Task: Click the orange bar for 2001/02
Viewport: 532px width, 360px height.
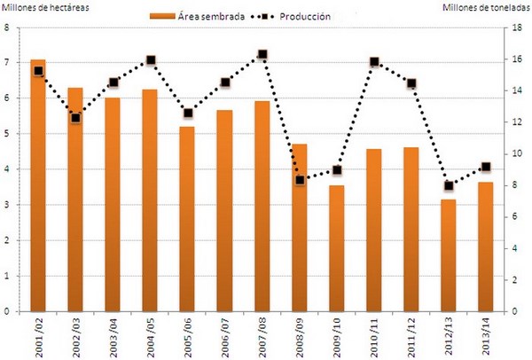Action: (x=37, y=186)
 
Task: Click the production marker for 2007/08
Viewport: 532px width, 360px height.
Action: (x=262, y=55)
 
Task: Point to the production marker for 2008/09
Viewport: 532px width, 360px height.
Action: (x=300, y=180)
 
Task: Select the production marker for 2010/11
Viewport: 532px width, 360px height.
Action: (x=374, y=62)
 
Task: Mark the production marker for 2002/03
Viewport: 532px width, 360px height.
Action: (x=75, y=118)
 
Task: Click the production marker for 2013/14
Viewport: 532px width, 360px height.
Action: (x=486, y=167)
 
